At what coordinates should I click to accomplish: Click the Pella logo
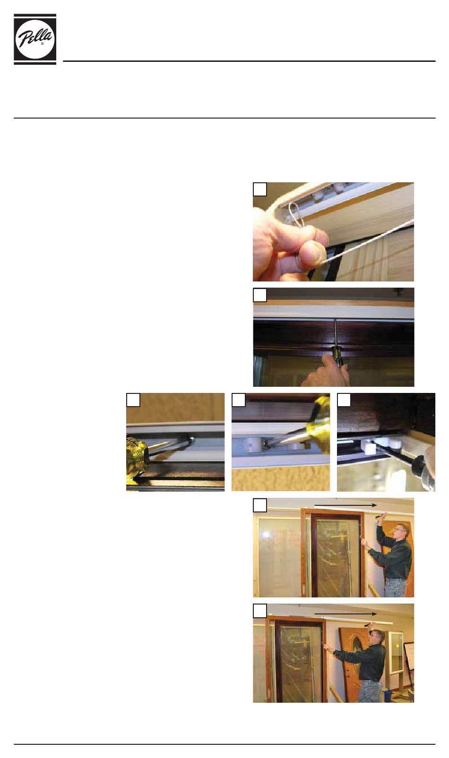35,39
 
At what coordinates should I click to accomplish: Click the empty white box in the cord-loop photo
260,189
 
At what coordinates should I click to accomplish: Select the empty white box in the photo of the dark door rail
260,295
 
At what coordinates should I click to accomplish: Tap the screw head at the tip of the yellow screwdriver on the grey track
192,439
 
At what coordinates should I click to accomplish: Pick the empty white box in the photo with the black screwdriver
344,400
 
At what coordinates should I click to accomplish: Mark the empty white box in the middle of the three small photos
238,400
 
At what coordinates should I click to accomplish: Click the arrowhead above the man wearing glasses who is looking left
373,505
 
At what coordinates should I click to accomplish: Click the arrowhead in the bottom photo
373,614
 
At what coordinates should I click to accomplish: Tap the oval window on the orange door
358,647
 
